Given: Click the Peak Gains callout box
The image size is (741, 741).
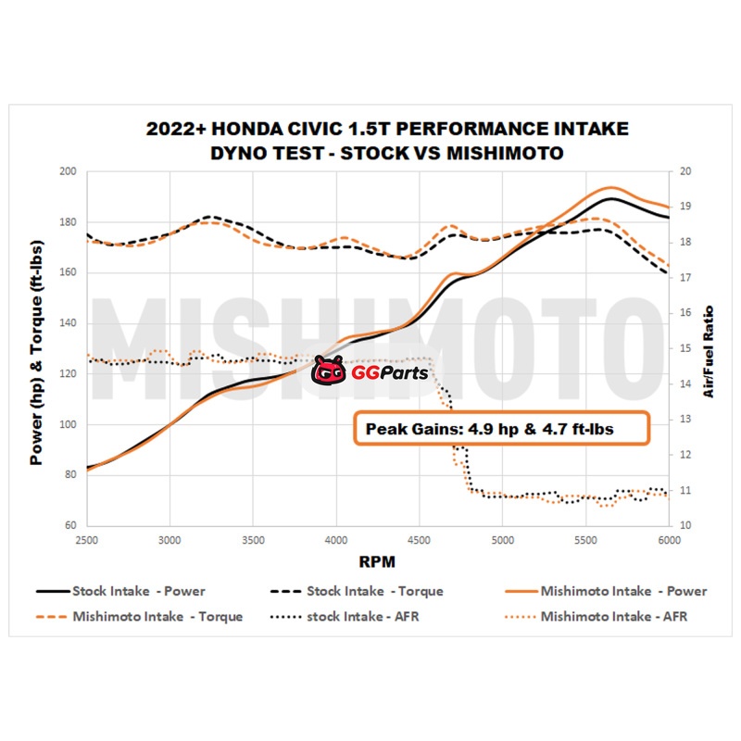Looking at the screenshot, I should [x=498, y=429].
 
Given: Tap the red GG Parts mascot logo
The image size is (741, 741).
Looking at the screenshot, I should [x=328, y=372].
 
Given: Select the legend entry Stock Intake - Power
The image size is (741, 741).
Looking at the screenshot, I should [x=121, y=591].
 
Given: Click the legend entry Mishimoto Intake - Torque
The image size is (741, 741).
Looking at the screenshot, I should [x=140, y=616].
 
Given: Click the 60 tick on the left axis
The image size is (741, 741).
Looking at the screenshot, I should [x=69, y=525].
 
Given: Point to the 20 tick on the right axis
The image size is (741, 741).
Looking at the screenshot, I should [x=684, y=171].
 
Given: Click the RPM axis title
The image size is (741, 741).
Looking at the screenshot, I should [x=378, y=560].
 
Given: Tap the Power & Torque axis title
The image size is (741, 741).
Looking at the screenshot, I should [x=37, y=349].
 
